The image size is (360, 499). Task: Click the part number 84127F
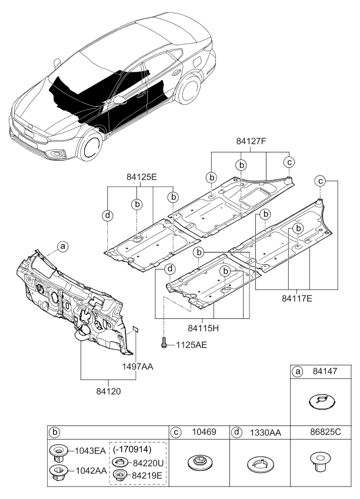click(251, 141)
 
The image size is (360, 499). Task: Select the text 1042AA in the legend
click(90, 471)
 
